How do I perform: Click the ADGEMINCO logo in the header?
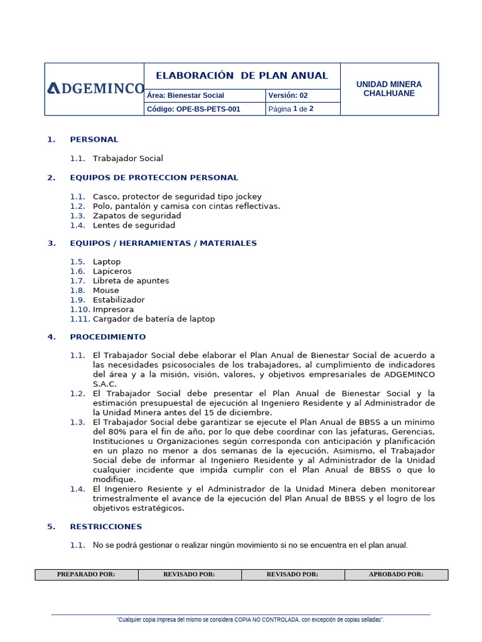click(x=95, y=89)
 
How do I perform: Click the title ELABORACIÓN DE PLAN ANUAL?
click(x=242, y=76)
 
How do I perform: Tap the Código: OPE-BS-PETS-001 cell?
click(x=193, y=109)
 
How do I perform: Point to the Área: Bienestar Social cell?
click(x=185, y=96)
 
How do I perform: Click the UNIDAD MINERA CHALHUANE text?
click(x=389, y=88)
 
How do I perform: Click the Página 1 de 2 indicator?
click(x=291, y=109)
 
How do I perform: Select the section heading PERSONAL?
click(x=94, y=139)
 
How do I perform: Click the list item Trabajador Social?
click(x=128, y=159)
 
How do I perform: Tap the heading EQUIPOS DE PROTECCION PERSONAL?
click(x=154, y=177)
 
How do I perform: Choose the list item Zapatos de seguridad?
click(x=137, y=216)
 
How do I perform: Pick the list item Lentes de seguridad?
click(x=134, y=225)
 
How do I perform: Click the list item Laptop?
click(x=107, y=261)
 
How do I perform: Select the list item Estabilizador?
click(x=119, y=300)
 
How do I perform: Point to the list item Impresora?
click(x=113, y=309)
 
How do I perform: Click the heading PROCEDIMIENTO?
click(x=108, y=337)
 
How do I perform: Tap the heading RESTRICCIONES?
click(x=106, y=526)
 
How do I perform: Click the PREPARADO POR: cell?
click(x=86, y=574)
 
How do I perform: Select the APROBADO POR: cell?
click(x=396, y=574)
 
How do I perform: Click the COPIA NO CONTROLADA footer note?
click(x=250, y=619)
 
